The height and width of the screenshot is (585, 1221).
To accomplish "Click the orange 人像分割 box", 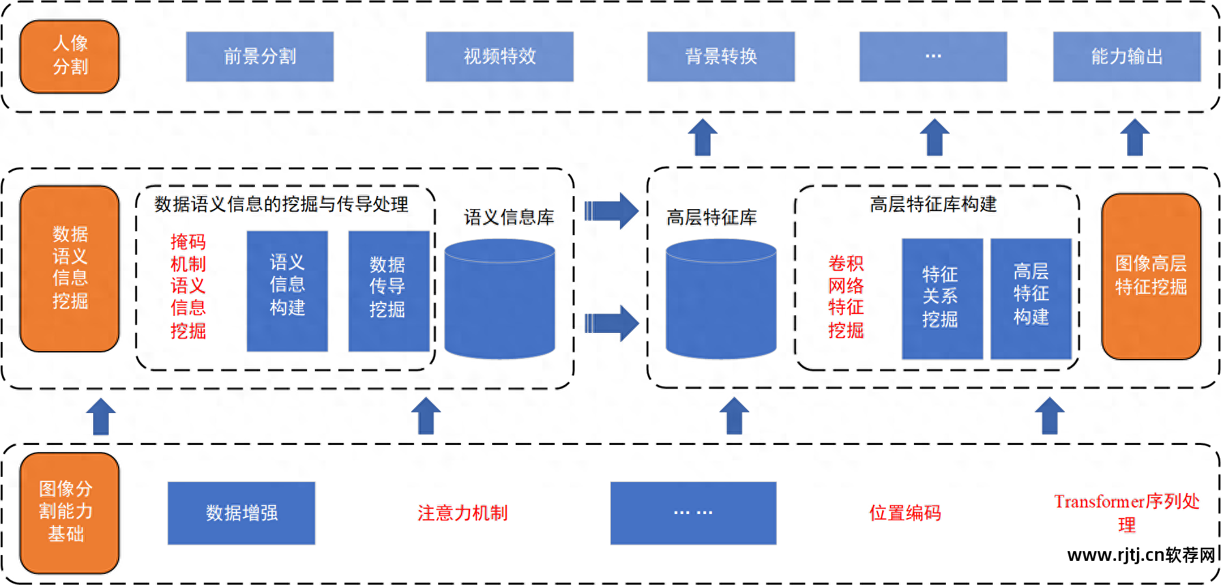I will pos(70,56).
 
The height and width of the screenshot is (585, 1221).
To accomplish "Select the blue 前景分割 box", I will pos(259,57).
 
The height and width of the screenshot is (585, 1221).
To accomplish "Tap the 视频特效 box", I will pos(499,57).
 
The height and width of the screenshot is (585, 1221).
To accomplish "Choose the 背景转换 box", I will pos(720,57).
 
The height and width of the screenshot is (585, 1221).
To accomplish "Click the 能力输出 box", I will pos(1126,57).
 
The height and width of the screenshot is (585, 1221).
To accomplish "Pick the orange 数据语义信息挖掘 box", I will pos(70,268).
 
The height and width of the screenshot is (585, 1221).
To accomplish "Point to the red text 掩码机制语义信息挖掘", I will pos(188,287).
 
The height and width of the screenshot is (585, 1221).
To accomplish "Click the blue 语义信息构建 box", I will pos(287,291).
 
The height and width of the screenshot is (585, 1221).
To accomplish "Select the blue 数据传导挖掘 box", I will pos(388,291).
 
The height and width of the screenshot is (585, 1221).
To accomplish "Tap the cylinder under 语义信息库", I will pos(499,300).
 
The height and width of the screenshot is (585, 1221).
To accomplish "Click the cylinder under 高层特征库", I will pos(720,300).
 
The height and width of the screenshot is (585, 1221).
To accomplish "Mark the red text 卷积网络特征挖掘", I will pos(846,297).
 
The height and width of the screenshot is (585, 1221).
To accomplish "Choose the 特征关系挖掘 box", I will pos(941,298).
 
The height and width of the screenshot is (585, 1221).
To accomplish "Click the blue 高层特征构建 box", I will pos(1031,298).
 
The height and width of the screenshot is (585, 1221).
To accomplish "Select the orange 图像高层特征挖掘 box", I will pos(1151,276).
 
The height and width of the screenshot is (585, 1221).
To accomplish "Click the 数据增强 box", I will pos(241,513).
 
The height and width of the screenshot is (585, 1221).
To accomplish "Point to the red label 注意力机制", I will pos(462,513).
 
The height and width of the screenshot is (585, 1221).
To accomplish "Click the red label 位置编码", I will pos(905,513).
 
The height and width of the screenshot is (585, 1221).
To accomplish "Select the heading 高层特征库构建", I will pos(933,205).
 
